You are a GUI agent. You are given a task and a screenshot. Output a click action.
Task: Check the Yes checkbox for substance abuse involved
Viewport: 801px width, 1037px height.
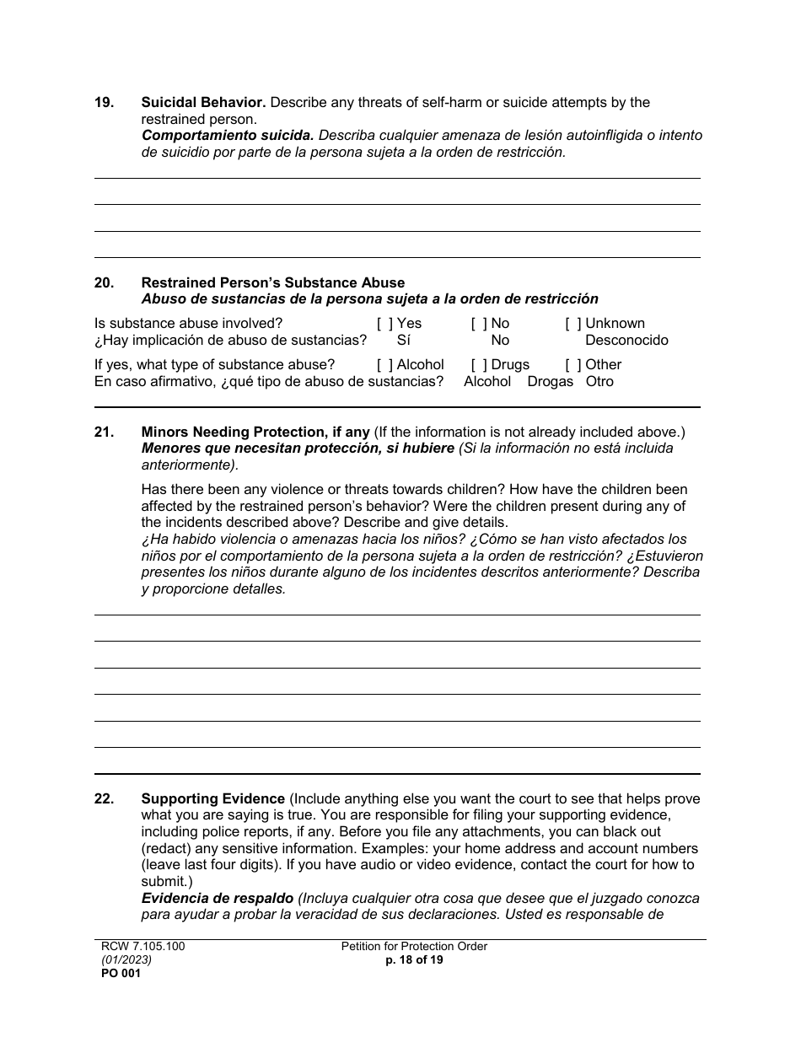(x=384, y=324)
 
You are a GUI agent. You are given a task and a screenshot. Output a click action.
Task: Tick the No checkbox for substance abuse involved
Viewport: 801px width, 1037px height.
(x=479, y=324)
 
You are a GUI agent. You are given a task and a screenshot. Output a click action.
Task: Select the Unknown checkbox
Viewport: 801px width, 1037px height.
(x=573, y=324)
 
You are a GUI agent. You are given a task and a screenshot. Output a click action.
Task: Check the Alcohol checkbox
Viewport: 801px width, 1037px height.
(x=384, y=365)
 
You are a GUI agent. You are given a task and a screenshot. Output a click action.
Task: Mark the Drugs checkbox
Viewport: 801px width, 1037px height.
(x=479, y=365)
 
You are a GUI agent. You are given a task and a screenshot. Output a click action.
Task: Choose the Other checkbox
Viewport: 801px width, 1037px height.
(x=573, y=365)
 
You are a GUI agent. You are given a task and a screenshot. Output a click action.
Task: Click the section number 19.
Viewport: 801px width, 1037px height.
(x=104, y=103)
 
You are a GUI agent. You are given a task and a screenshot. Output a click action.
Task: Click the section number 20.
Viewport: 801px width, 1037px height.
(x=104, y=283)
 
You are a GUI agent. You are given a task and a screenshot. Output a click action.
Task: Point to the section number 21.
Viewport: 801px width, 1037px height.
(x=104, y=433)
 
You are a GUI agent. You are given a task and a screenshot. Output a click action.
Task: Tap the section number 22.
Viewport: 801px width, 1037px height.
(x=104, y=799)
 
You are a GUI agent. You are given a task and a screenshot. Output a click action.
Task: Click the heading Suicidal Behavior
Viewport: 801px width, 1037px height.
(x=203, y=103)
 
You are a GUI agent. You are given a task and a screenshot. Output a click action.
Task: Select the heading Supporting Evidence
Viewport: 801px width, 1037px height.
(x=212, y=799)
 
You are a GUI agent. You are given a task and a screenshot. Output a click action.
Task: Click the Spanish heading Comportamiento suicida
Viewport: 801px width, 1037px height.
(x=228, y=136)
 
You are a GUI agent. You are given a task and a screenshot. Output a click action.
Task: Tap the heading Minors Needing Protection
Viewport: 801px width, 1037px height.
(x=255, y=433)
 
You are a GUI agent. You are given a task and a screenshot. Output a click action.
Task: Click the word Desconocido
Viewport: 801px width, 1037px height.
(x=626, y=341)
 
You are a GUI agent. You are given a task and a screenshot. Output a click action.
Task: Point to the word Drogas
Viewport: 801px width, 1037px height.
(x=550, y=382)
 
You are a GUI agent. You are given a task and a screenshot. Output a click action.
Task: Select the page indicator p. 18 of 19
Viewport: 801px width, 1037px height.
(x=414, y=960)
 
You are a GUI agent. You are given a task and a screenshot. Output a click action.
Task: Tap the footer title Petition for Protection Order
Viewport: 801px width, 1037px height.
(x=414, y=947)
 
